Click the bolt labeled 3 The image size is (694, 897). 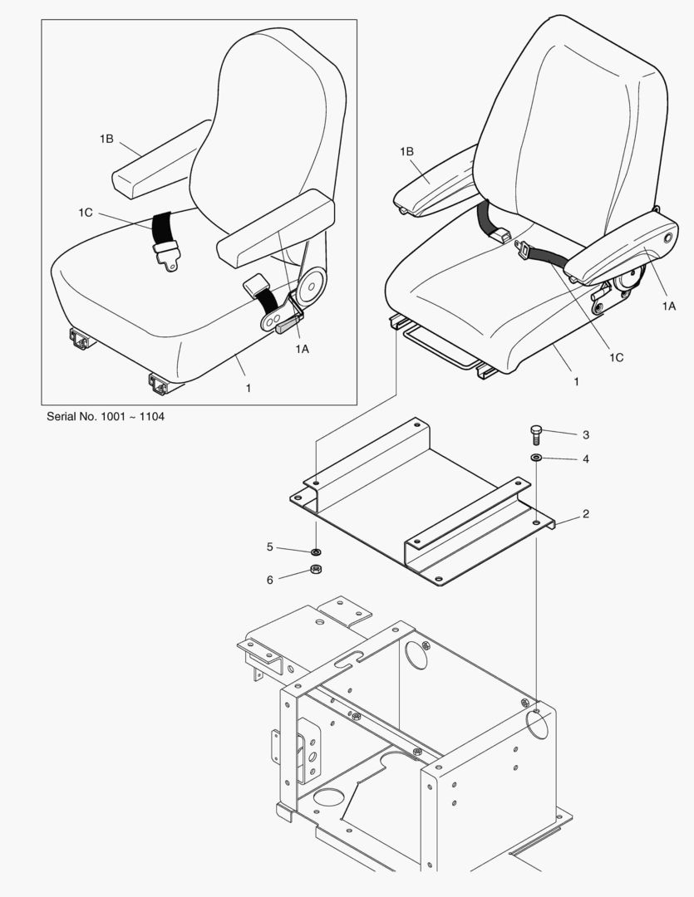point(535,435)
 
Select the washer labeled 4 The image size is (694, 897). point(536,458)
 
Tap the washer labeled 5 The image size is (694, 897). point(316,552)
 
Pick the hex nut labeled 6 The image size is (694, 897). point(316,569)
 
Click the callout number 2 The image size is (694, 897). point(585,514)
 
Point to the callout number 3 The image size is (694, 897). point(585,434)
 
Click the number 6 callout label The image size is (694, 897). point(269,580)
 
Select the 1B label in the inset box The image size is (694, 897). point(106,139)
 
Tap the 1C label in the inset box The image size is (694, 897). point(86,213)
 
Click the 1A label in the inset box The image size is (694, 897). point(302,349)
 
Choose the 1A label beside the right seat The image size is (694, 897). point(669,306)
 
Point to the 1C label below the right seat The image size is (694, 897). point(616,357)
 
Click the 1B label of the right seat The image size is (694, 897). point(406,152)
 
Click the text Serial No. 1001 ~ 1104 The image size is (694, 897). point(106,416)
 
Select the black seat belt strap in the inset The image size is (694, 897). point(161,228)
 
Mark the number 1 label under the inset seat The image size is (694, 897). point(249,388)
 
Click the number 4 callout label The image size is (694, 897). point(585,458)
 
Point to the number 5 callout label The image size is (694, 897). point(269,547)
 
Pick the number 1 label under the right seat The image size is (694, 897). point(576,381)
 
